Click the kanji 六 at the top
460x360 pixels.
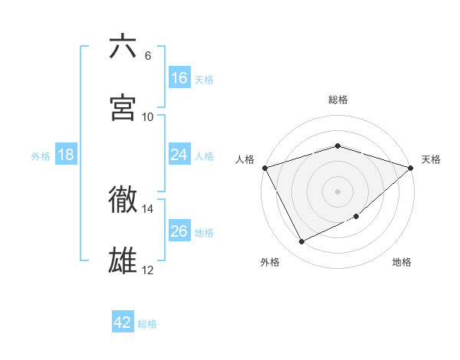[x=123, y=47]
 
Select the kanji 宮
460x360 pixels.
[x=123, y=108]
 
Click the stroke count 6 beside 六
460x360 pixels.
[x=148, y=56]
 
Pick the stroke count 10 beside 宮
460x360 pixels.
[x=148, y=117]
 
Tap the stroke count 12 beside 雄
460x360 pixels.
[x=148, y=270]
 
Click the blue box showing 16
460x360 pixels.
[x=179, y=78]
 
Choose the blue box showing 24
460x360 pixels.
[x=179, y=155]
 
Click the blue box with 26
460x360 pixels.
[x=179, y=231]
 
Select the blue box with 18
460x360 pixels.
[x=66, y=155]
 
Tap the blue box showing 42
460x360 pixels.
[x=123, y=323]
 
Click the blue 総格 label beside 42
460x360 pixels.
[x=147, y=324]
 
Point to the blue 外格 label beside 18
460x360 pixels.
[x=41, y=155]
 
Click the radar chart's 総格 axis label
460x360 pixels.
[x=338, y=100]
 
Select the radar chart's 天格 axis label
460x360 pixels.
[x=431, y=159]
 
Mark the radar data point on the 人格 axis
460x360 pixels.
[x=264, y=168]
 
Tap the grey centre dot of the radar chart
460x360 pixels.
[x=337, y=191]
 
